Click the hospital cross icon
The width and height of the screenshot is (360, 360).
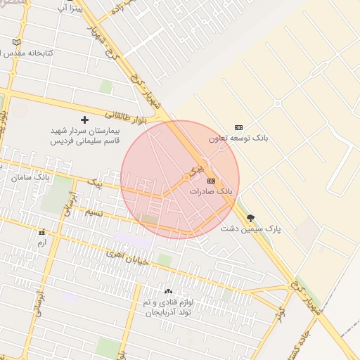(85, 120)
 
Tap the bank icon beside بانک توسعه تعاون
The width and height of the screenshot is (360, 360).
(238, 127)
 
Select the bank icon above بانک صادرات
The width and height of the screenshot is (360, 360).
(211, 181)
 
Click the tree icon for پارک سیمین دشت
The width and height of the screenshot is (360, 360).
(251, 218)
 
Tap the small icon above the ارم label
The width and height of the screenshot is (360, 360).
(41, 232)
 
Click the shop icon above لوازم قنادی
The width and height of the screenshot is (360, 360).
(167, 291)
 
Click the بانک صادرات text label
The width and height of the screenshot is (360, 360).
(211, 191)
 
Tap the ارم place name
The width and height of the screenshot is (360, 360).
(41, 243)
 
